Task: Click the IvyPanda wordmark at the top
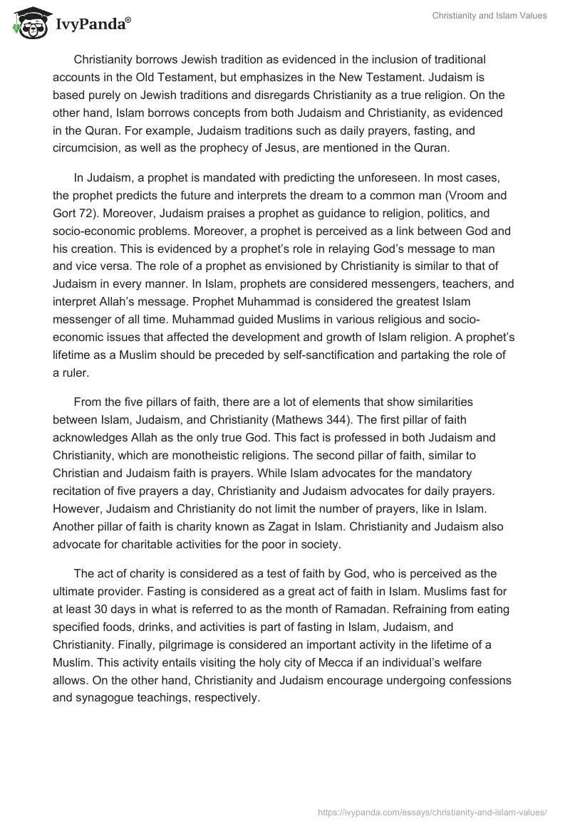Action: pyautogui.click(x=90, y=25)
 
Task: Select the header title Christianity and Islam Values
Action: pyautogui.click(x=489, y=16)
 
